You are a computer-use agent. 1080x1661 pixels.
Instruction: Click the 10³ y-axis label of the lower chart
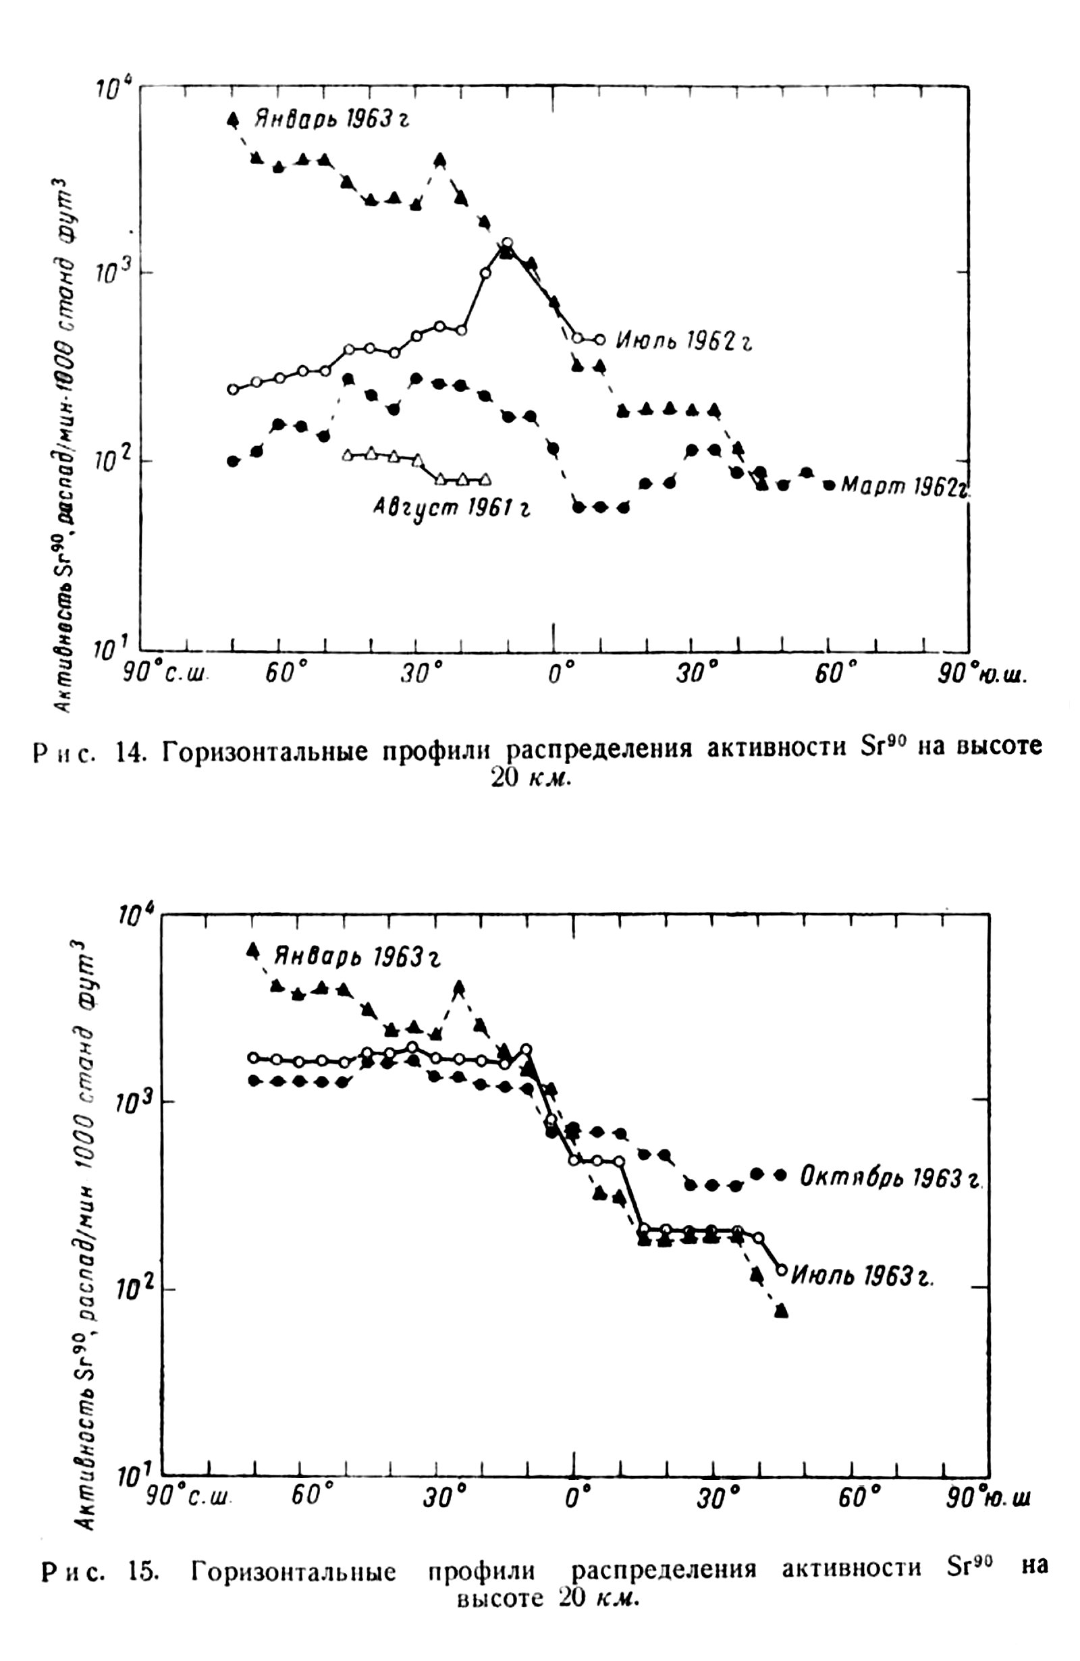tap(130, 1101)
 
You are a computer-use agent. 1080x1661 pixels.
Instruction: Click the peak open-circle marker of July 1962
tap(508, 243)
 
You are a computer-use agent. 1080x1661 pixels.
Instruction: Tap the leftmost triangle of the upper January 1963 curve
tap(233, 119)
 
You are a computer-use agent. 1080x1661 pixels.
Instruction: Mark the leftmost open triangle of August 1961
tap(348, 455)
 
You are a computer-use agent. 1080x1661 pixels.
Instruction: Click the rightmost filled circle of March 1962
tap(830, 485)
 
